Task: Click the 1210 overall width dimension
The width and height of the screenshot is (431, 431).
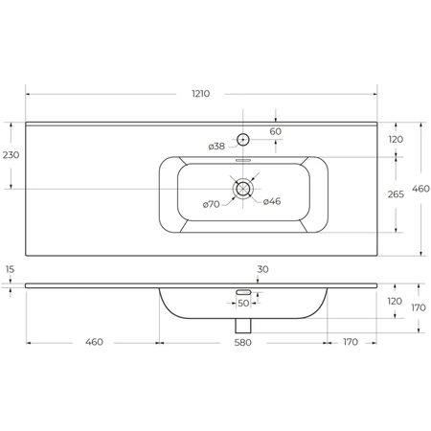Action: (x=201, y=94)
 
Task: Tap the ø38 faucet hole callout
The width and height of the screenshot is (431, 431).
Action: (x=216, y=147)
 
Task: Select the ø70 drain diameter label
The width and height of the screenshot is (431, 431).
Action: (x=212, y=204)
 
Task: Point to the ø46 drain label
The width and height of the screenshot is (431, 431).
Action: (x=272, y=201)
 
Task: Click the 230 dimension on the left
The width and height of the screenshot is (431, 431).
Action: (x=11, y=155)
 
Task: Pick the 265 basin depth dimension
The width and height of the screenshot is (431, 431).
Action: (x=396, y=194)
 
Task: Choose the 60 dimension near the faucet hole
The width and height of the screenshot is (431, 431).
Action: (x=276, y=131)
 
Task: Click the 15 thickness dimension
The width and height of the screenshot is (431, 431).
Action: (x=10, y=269)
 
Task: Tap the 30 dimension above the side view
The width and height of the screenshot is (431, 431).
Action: (x=262, y=269)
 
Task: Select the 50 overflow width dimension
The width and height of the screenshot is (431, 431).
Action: (x=243, y=304)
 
